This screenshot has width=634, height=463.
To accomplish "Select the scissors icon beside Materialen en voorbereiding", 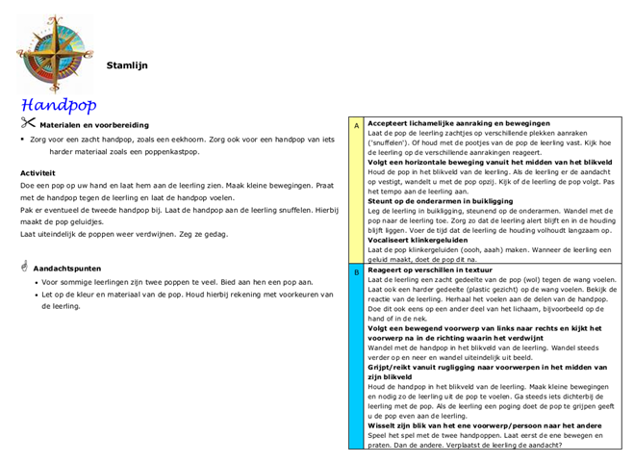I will [27, 122].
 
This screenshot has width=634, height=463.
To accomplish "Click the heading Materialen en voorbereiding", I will [94, 125].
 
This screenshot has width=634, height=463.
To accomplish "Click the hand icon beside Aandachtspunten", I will [25, 265].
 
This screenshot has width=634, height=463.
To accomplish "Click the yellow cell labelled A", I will [357, 126].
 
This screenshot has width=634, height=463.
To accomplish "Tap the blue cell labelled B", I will [357, 273].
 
